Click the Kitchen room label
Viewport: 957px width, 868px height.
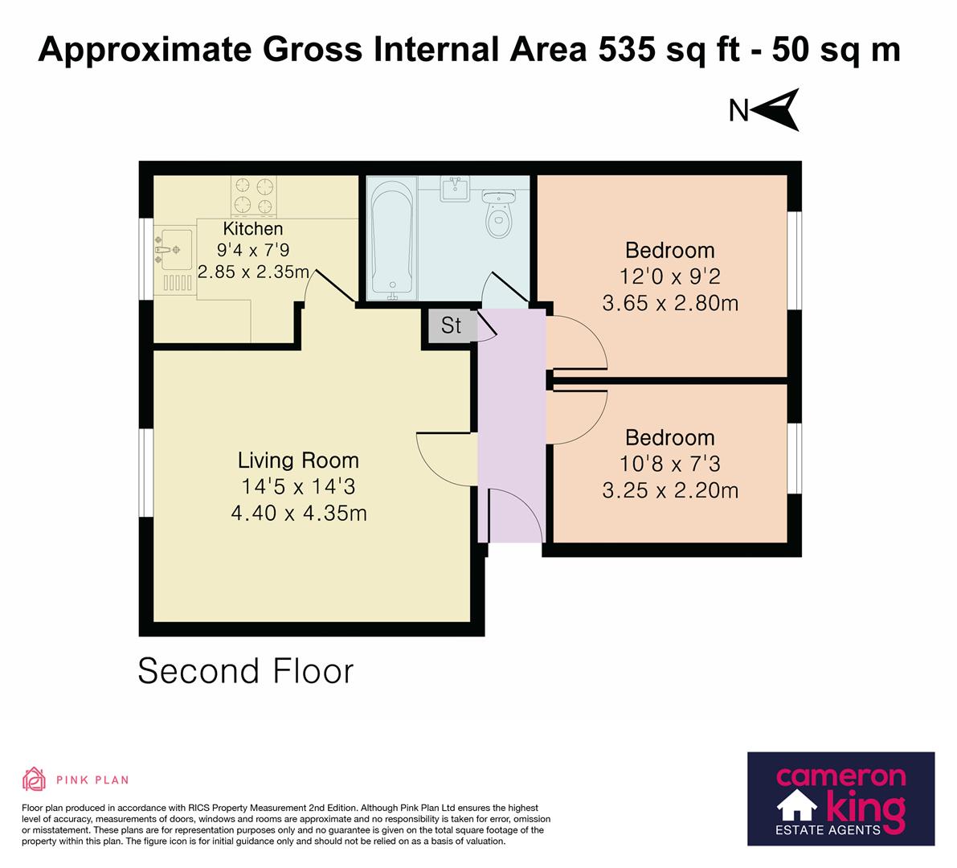coord(252,229)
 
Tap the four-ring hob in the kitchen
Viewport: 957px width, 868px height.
coord(253,196)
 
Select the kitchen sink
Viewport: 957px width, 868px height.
coord(173,250)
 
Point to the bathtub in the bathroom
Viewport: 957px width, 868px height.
coord(394,239)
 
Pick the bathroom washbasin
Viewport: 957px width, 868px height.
coord(455,189)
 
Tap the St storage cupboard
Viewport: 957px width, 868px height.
coord(451,326)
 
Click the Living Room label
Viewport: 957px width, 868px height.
coord(298,461)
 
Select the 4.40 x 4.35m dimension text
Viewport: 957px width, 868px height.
coord(298,513)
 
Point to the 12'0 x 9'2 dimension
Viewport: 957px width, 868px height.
coord(669,276)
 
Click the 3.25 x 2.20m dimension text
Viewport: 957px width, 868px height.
coord(670,490)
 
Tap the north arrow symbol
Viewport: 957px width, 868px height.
coord(777,110)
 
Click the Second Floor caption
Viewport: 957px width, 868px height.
coord(245,671)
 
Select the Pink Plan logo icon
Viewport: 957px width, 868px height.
coord(35,779)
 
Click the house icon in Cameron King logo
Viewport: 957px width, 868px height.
coord(797,805)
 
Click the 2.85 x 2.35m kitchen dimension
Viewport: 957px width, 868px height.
coord(253,272)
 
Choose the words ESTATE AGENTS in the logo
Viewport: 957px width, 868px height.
coord(828,830)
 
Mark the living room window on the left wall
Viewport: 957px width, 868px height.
coord(145,473)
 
